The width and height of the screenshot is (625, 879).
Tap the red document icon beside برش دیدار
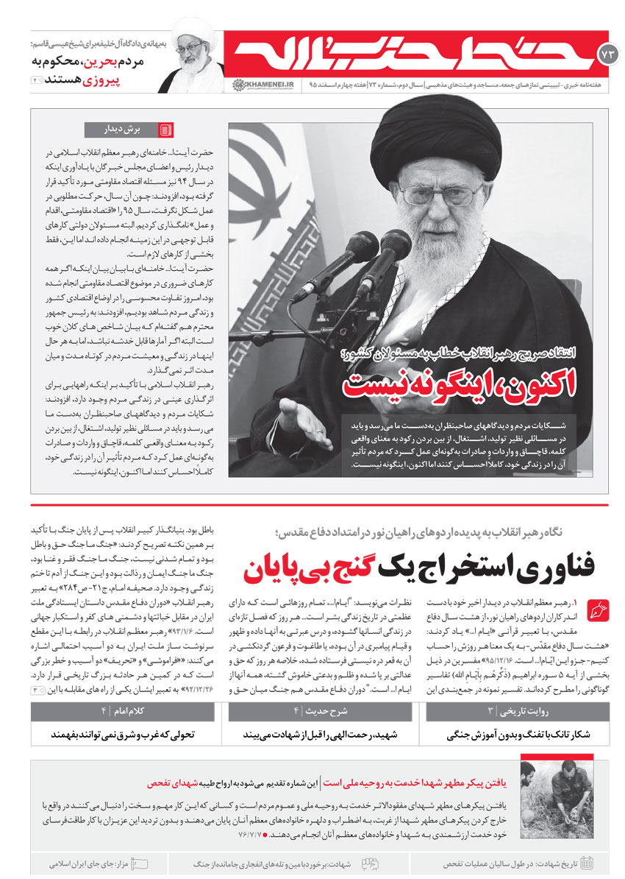point(166,130)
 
